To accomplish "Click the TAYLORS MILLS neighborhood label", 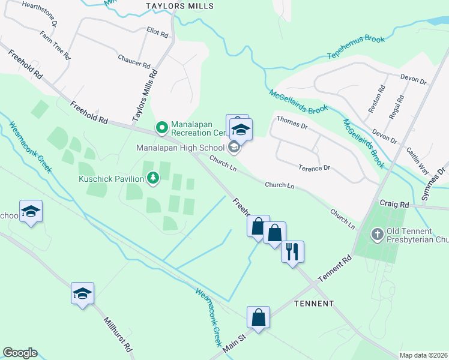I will click(179, 6).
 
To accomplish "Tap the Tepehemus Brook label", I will click(355, 47).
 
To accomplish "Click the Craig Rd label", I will click(393, 204).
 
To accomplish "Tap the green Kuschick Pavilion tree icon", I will click(154, 178).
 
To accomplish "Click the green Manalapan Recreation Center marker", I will click(161, 127).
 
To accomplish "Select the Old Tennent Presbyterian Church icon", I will click(377, 233).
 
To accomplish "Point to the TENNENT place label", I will click(314, 304).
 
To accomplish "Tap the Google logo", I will click(20, 353).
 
